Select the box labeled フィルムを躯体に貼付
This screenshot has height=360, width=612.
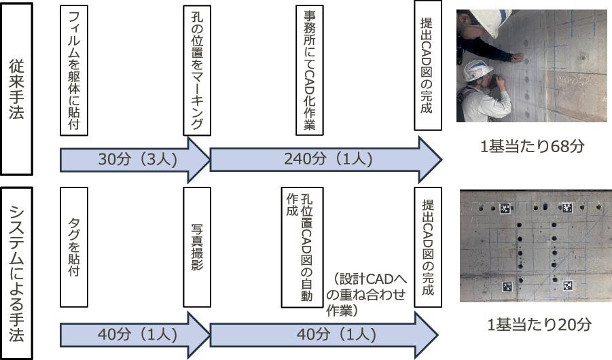[x=74, y=71]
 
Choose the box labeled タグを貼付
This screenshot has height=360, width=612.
[x=74, y=247]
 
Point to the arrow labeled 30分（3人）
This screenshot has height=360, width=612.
[x=132, y=160]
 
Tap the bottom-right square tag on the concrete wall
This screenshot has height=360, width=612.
[x=568, y=287]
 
